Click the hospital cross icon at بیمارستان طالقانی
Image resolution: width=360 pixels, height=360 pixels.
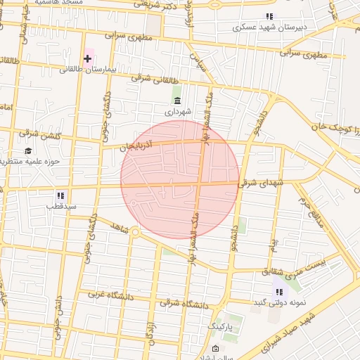click(x=88, y=58)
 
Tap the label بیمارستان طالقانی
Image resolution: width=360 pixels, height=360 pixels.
click(x=86, y=70)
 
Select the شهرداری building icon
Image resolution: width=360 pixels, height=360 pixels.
click(x=176, y=101)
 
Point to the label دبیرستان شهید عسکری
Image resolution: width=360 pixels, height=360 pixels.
click(x=269, y=27)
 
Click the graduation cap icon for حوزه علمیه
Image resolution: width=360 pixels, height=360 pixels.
click(x=28, y=150)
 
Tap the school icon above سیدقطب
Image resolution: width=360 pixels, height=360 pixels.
click(x=60, y=195)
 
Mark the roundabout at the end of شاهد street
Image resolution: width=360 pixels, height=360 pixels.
click(x=135, y=231)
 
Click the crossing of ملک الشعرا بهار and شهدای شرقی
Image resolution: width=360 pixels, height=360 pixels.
click(x=200, y=185)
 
